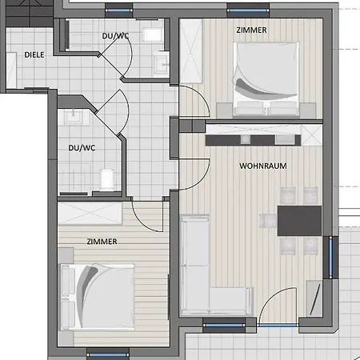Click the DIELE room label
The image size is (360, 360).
coord(34,55)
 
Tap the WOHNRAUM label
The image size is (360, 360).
coord(263,166)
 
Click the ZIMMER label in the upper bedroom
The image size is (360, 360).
coord(251,30)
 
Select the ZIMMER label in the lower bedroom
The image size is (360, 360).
coord(102,242)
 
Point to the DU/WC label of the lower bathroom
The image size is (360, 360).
coord(82,148)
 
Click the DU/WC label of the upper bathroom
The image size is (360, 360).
coord(115,36)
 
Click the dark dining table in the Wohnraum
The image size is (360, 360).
coord(299,221)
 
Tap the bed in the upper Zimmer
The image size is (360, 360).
coord(266,79)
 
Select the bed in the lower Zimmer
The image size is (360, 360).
coord(98,297)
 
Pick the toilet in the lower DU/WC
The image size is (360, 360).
coord(107,180)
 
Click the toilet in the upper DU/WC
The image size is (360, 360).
coord(152,34)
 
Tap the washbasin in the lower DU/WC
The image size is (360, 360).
coord(73,117)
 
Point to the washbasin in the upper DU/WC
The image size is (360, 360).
coord(161,63)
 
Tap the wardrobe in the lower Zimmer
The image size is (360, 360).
coord(90,214)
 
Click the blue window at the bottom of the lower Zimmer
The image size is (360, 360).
coord(108,354)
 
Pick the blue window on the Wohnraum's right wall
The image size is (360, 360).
coord(330,258)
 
